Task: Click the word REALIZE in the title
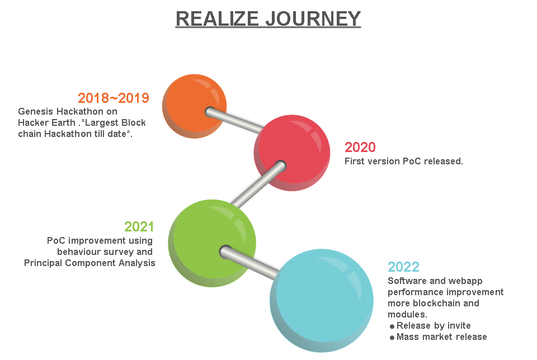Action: tap(217, 18)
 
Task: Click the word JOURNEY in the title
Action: tap(313, 18)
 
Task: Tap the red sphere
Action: tap(292, 153)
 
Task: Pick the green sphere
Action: tap(212, 243)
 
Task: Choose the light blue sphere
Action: tap(322, 300)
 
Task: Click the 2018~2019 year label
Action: tap(114, 98)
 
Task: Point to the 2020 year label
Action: tap(360, 148)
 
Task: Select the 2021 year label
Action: tap(139, 227)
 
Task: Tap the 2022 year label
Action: tap(403, 267)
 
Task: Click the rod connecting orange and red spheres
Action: tap(234, 120)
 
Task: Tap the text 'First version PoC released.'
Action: tap(404, 161)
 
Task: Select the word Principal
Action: tap(43, 263)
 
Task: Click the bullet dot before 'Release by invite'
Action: tap(392, 326)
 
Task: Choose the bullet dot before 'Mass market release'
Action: tap(392, 338)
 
